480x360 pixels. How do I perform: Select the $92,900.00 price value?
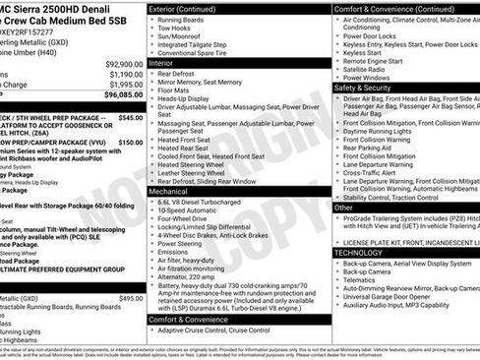coord(120,62)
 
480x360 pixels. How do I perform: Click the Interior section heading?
coord(167,62)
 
